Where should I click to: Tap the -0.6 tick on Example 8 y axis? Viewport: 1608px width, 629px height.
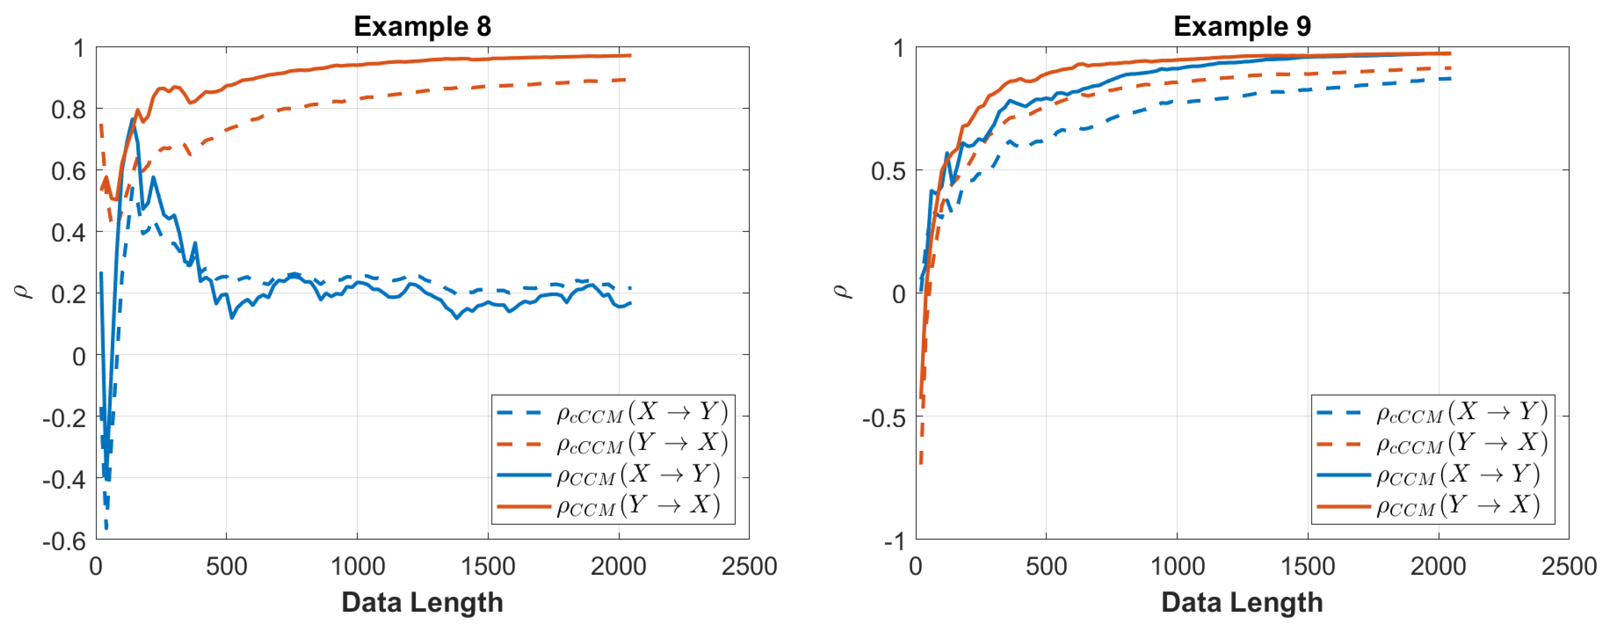coord(64,541)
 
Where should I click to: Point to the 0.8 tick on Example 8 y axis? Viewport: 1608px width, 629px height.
coord(69,110)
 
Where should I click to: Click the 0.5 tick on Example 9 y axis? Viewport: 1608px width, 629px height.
coord(888,171)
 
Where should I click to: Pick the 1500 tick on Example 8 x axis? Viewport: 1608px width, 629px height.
coord(488,567)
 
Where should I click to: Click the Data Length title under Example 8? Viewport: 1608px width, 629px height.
coord(422,602)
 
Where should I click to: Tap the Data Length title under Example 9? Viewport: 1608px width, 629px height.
coord(1241,602)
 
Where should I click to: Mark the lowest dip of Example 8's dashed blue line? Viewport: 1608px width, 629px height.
coord(106,528)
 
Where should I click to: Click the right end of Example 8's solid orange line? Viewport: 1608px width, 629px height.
coord(630,56)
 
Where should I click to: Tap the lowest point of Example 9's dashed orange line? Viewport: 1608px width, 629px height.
coord(921,463)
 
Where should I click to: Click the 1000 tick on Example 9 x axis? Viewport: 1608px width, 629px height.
coord(1177,567)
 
